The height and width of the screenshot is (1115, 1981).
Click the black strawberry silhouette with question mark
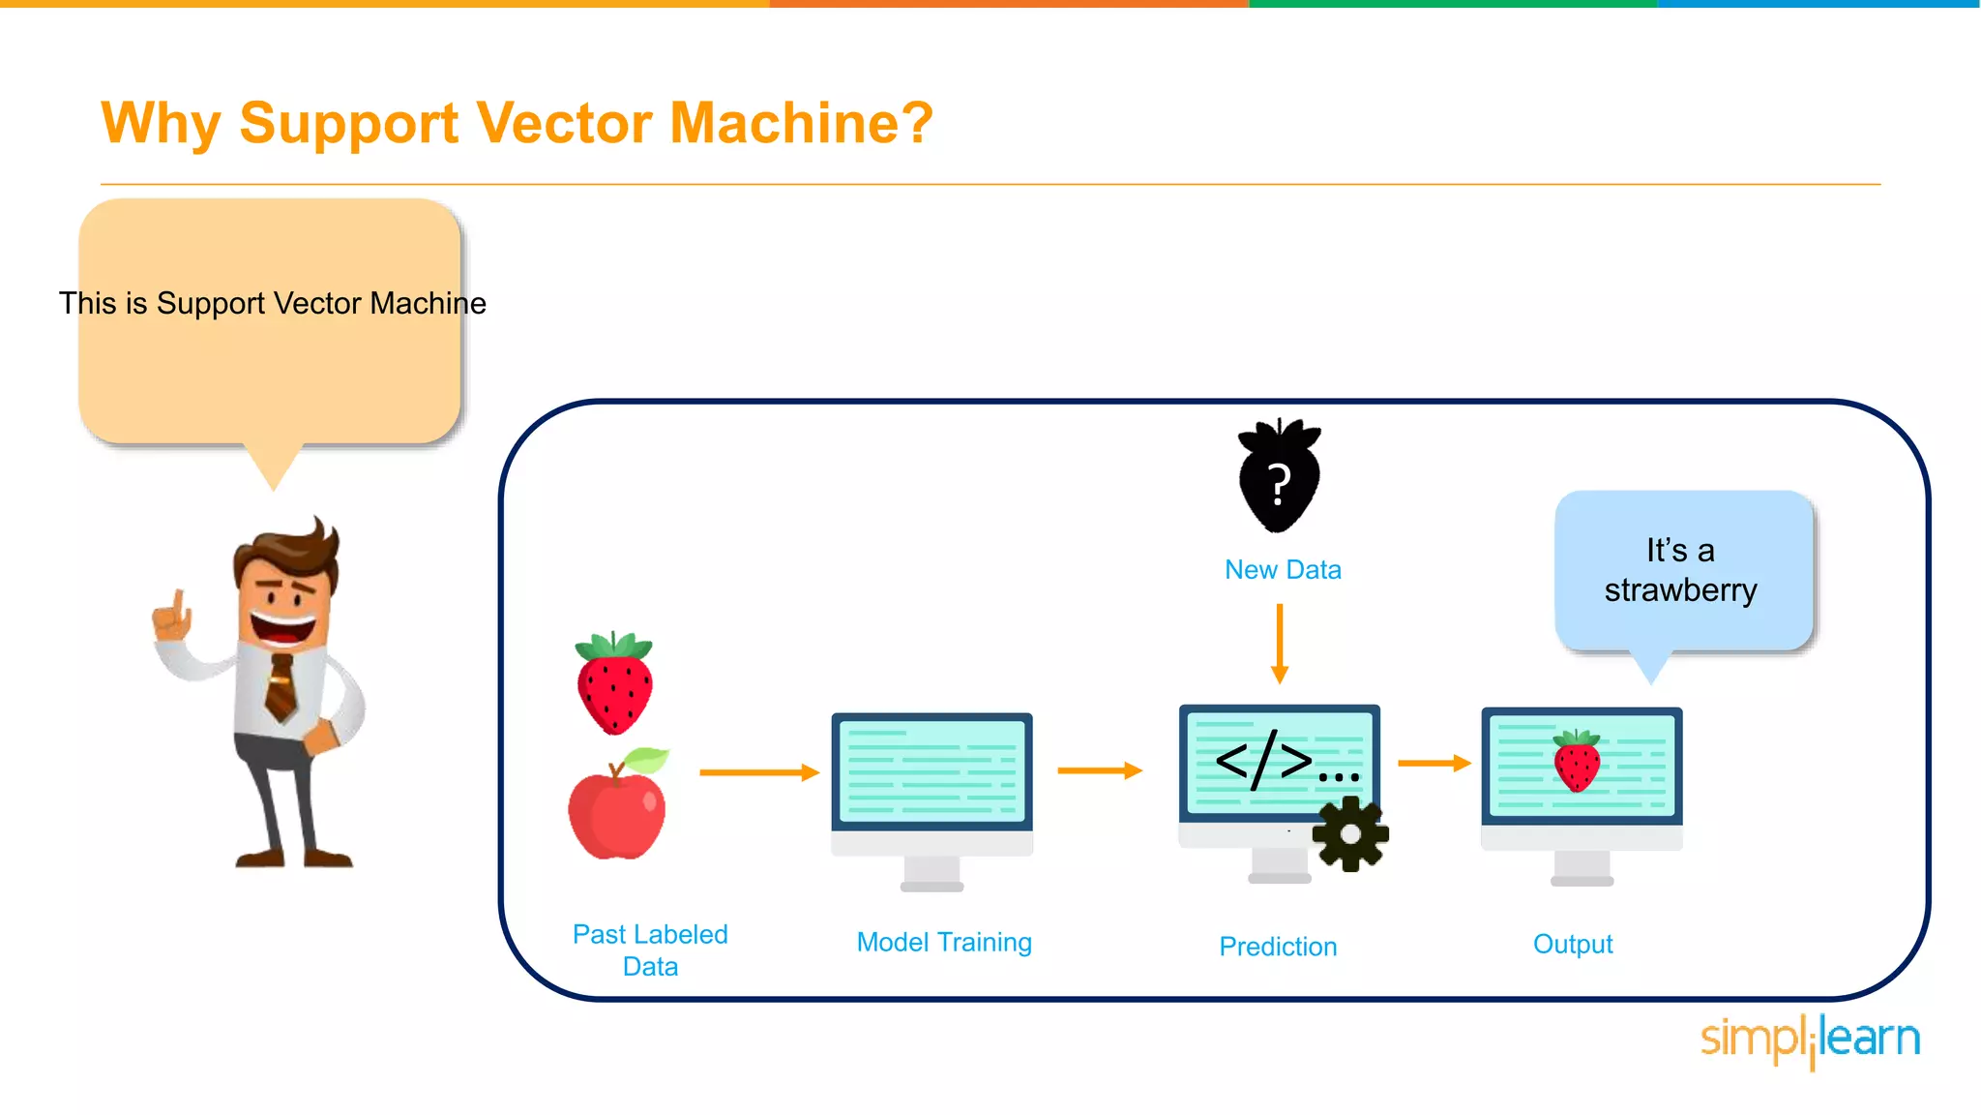click(1279, 477)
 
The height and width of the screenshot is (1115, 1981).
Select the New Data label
click(1283, 569)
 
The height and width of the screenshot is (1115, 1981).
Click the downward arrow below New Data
click(1280, 644)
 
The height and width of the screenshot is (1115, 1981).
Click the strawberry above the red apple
click(614, 683)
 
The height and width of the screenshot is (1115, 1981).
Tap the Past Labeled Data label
click(650, 949)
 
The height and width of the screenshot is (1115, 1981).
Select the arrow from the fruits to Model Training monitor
click(759, 772)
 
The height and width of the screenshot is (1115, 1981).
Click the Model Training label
click(944, 942)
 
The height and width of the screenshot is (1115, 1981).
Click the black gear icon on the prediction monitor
click(1350, 834)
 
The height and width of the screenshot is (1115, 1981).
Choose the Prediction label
click(1278, 947)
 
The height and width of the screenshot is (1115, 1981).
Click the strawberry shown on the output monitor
click(1577, 762)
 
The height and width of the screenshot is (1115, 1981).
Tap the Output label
click(1573, 944)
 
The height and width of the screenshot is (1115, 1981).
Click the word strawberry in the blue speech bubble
click(1680, 590)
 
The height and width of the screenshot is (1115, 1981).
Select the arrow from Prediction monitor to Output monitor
click(1434, 764)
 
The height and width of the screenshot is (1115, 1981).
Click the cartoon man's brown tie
click(281, 687)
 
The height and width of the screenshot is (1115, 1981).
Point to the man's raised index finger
click(178, 603)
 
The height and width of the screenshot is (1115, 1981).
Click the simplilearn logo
click(1810, 1040)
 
